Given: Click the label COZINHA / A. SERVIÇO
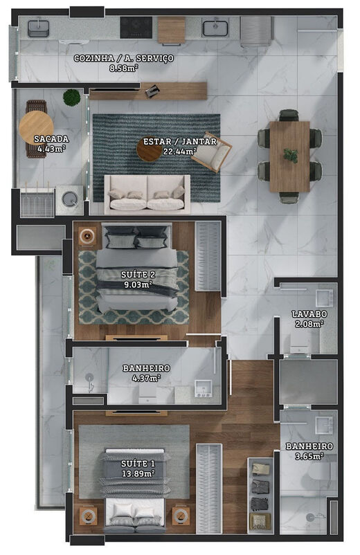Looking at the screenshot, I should [x=123, y=58].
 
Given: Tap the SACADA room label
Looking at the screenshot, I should [x=51, y=139].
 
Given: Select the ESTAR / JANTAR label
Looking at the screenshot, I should [x=179, y=142].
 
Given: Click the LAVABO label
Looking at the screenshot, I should [x=309, y=314].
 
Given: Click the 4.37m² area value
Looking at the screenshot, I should [x=141, y=378].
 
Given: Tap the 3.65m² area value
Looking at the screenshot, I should [x=309, y=457].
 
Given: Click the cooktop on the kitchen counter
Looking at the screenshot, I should [x=136, y=27].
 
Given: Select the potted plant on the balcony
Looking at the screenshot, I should [x=71, y=98].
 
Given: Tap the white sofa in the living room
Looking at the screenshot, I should [x=147, y=193].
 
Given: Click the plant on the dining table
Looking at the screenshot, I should [x=291, y=156].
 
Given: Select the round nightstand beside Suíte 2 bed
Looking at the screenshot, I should [x=88, y=236].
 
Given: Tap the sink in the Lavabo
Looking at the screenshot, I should [x=324, y=298].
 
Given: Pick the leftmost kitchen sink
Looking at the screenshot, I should [x=38, y=28].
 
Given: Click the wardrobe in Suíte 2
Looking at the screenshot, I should [x=208, y=256].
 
